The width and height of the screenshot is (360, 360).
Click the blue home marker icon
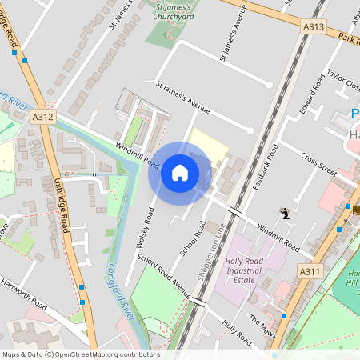tap(180, 173)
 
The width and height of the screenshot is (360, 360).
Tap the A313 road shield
tap(314, 27)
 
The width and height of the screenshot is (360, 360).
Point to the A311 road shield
tap(312, 271)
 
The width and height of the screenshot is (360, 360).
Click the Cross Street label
tap(319, 162)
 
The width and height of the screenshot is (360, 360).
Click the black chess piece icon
tap(285, 214)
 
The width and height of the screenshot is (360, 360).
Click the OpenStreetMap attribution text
tap(80, 354)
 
